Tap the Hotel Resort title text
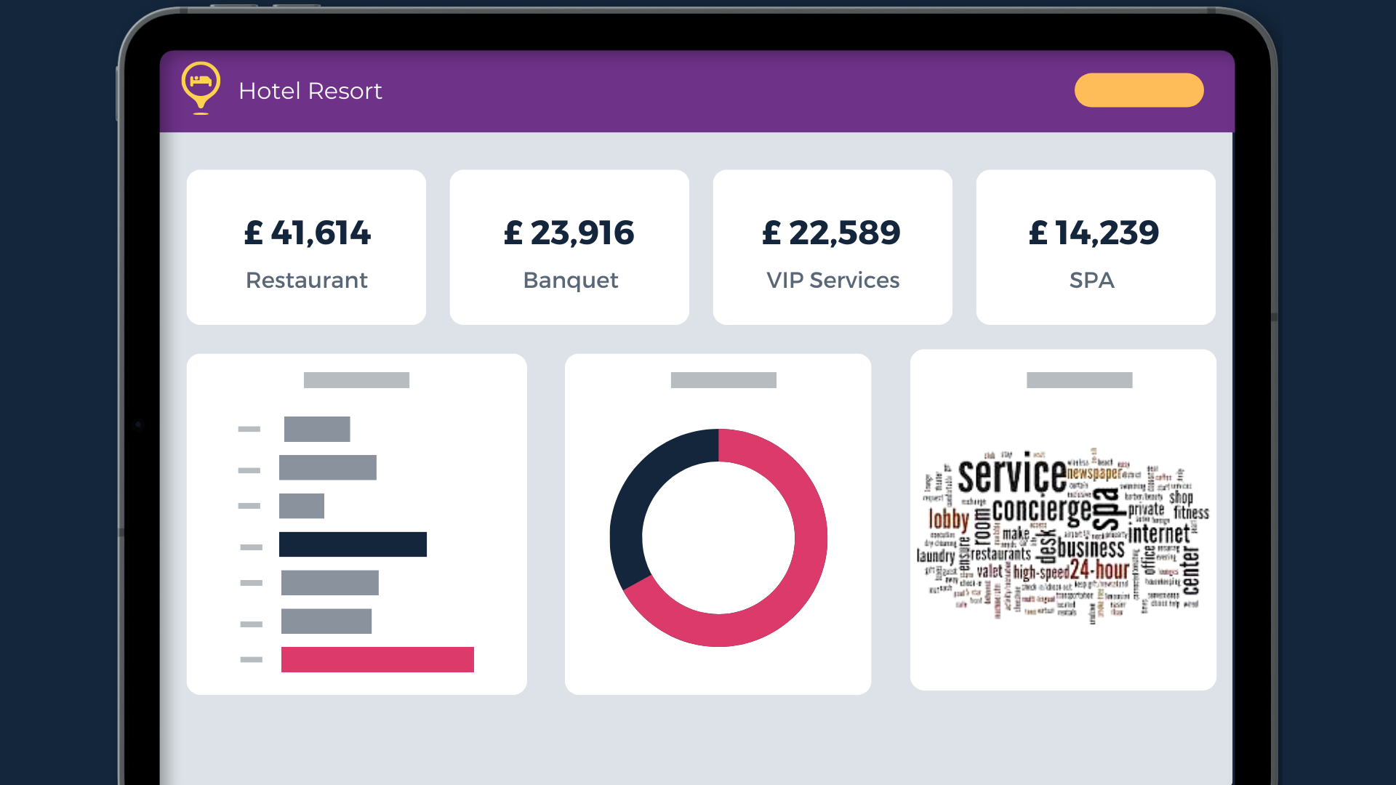coord(310,91)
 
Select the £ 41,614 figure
coord(307,233)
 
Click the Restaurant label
coord(307,281)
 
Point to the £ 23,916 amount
coord(569,233)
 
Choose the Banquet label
coord(571,281)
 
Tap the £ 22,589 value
coord(831,233)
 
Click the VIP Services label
coord(833,281)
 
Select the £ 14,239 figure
coord(1094,233)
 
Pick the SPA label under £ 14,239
coord(1092,281)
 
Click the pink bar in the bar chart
coord(377,659)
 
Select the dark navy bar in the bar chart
coord(353,544)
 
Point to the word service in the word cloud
coord(1012,476)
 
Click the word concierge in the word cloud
coord(1041,510)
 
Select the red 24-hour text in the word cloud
coord(1099,570)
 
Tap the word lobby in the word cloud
coord(949,520)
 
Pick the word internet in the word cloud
coord(1159,534)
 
